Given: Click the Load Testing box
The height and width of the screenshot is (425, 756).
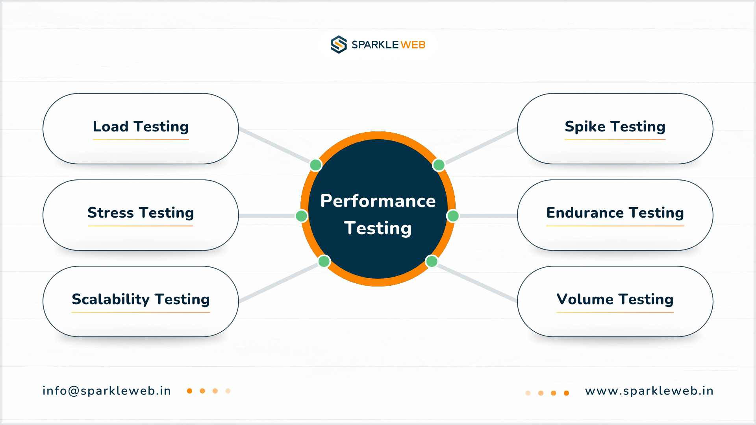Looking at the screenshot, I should tap(141, 129).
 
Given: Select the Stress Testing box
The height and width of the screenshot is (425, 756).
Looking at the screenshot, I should tap(141, 215).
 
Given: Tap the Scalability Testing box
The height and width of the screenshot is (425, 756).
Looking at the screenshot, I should tap(141, 301).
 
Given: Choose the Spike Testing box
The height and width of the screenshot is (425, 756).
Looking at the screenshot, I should tap(615, 129).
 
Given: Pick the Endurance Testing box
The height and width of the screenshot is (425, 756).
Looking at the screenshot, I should tap(615, 215).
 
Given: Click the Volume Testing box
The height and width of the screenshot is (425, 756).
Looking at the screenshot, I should tap(615, 301).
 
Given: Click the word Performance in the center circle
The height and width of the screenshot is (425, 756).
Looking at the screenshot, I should tap(378, 201).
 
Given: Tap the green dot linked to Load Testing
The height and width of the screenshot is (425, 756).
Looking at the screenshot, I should tap(315, 165).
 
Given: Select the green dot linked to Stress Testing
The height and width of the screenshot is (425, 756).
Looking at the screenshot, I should tap(302, 216).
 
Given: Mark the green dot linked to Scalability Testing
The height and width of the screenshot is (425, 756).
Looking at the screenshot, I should tap(324, 261).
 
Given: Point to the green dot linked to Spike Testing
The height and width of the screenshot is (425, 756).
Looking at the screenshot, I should tap(439, 165).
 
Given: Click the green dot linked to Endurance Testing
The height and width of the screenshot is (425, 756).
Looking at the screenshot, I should tap(453, 216).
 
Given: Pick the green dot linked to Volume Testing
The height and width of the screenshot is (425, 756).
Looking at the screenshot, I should tap(432, 261).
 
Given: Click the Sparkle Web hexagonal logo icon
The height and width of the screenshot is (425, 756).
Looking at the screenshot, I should tap(339, 44).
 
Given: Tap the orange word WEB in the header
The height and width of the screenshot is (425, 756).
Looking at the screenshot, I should tap(413, 45).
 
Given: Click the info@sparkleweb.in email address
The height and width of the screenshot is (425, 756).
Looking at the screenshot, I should tap(107, 391).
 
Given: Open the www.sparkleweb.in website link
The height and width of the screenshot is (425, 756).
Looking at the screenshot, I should tap(649, 391).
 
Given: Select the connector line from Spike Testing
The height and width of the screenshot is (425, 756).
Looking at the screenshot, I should tap(481, 146).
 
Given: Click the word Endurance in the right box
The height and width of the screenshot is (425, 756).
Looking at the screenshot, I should tap(585, 213).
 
